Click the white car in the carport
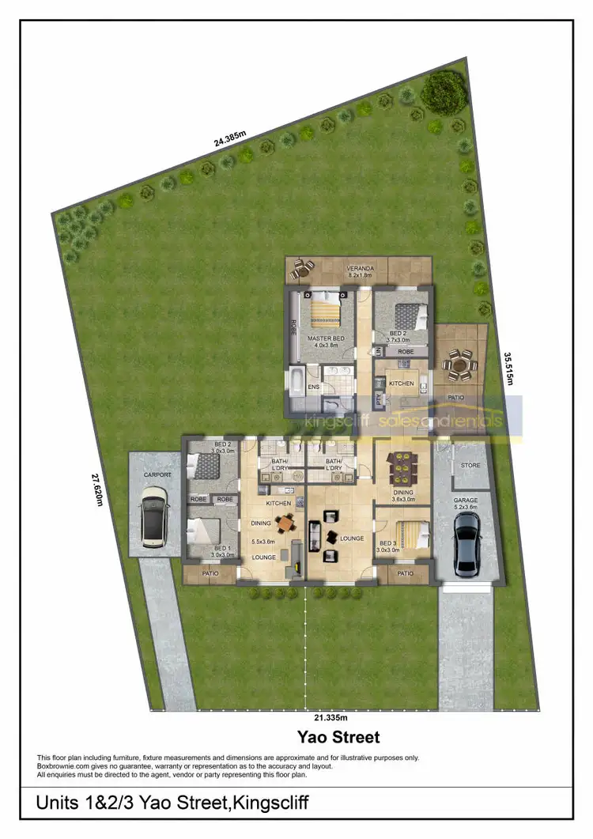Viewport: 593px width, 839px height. [153, 517]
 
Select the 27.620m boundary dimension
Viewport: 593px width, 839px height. [96, 489]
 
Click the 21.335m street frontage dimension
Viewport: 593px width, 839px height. [330, 718]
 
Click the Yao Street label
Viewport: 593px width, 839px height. [338, 738]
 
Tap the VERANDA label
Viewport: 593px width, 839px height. [360, 269]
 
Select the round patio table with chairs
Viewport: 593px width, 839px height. [459, 365]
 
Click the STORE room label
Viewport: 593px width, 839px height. [470, 465]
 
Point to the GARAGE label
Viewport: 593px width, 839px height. [465, 501]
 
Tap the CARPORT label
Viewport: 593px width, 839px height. [157, 475]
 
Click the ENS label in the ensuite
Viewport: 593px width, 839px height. [313, 387]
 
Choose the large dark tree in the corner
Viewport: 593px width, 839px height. [444, 92]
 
